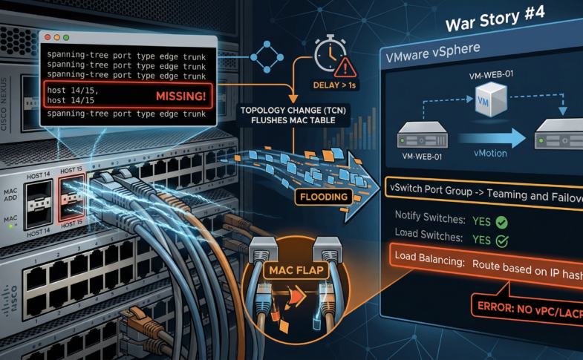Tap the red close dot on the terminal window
pyautogui.click(x=47, y=38)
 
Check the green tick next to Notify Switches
pyautogui.click(x=503, y=221)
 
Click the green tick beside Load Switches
pyautogui.click(x=503, y=240)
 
